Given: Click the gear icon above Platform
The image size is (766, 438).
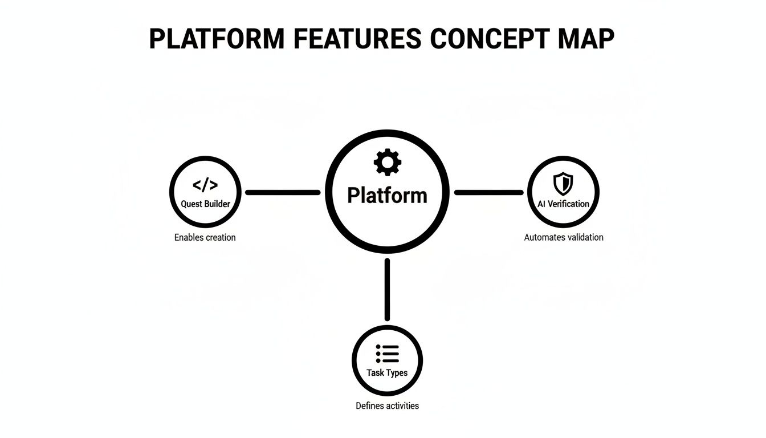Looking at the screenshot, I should point(387,162).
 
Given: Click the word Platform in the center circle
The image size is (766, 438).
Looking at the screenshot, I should point(387,195).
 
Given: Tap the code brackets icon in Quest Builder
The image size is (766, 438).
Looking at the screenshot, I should point(205,185).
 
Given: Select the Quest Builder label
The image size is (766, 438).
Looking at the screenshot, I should point(205,204).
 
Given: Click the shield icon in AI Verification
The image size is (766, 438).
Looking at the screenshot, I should point(563,184).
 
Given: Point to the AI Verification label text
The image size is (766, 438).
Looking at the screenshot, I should point(563,204).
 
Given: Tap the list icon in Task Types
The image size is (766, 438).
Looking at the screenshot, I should point(388,354).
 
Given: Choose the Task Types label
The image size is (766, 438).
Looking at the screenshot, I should point(387,372).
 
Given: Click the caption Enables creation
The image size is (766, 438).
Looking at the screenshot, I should point(205,237).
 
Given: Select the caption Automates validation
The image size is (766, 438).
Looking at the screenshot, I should point(563,237).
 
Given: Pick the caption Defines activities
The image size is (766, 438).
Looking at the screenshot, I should point(387,406).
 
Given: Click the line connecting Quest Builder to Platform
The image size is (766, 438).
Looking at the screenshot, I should point(282,193).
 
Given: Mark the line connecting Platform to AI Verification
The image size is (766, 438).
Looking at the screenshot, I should point(488,193).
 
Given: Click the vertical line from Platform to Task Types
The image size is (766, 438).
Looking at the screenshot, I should point(387,289).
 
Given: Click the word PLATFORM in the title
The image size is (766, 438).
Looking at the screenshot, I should point(217,39).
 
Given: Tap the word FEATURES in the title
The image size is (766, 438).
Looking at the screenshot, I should point(358,39).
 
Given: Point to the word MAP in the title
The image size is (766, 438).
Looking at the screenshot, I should point(586,39).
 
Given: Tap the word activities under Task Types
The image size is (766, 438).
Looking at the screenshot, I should point(401,406).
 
